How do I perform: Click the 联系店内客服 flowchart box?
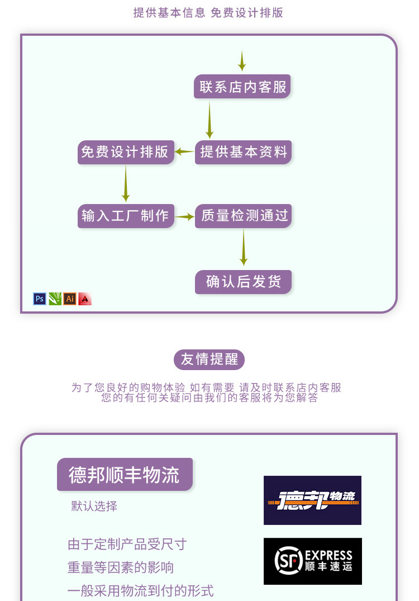coord(242,87)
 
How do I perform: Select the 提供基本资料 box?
coord(243,152)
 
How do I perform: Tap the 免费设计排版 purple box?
coord(125,152)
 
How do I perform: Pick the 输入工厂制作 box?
coord(125,216)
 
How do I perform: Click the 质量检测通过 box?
coord(244,216)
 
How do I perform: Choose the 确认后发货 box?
coord(243,282)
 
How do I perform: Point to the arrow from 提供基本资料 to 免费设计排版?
coord(184,152)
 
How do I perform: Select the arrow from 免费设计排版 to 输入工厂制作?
coord(126,183)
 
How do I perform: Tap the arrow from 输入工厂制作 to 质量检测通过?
coord(184,216)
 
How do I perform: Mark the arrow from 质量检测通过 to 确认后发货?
coord(244,247)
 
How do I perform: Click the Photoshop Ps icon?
coord(40,299)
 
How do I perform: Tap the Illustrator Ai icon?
coord(70,299)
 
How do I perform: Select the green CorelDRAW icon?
coord(55,299)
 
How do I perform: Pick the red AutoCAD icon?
coord(85,299)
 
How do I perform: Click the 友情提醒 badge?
coord(209,359)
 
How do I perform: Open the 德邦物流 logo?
coord(312,500)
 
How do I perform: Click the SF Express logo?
coord(312,561)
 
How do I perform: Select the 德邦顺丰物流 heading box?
coord(125,475)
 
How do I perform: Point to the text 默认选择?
coord(94,507)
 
